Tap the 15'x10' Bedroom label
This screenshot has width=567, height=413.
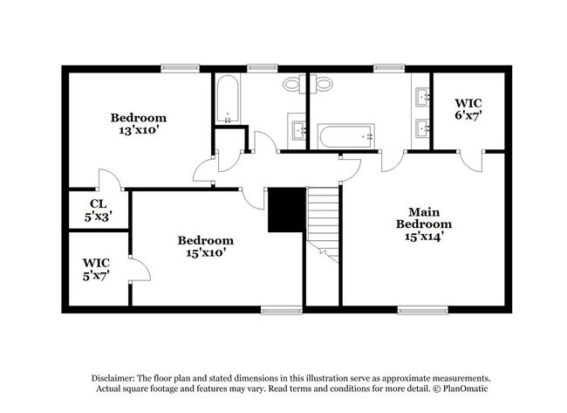206,246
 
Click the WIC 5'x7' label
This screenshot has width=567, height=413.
95,269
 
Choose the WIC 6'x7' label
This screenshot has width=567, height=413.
468,108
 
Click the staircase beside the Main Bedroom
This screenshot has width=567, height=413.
323,222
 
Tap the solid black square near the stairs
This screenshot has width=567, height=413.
285,210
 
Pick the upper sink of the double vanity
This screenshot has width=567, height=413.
423,95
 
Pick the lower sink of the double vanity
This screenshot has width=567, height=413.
423,128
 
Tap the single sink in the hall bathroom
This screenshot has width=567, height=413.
299,132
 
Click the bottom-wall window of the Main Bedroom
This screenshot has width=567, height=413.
416,309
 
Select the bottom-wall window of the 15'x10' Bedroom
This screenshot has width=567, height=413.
281,309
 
